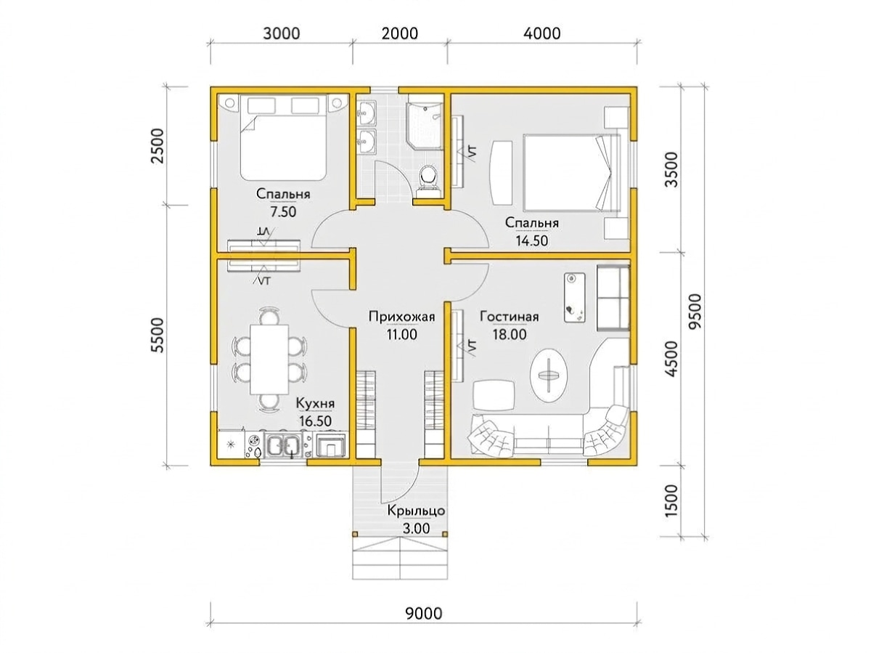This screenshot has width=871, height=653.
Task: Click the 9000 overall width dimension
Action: pos(423,614)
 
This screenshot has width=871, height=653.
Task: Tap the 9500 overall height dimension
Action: pos(695,311)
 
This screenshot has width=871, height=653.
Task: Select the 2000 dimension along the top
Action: pos(400,33)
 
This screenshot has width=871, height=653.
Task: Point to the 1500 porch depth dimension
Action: pos(671,500)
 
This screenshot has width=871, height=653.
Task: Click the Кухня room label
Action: pos(315,403)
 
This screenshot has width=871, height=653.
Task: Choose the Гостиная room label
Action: pos(509,317)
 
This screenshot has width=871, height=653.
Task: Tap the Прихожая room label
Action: pos(401,317)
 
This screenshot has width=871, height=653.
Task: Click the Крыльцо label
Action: pos(416,511)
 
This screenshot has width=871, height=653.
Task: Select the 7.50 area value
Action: pos(283,212)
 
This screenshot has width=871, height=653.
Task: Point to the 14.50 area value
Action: pos(531,240)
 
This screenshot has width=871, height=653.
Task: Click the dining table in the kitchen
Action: pos(269,360)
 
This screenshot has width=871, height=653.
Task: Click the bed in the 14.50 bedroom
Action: pos(571,173)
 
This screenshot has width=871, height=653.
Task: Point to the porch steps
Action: pos(400,560)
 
